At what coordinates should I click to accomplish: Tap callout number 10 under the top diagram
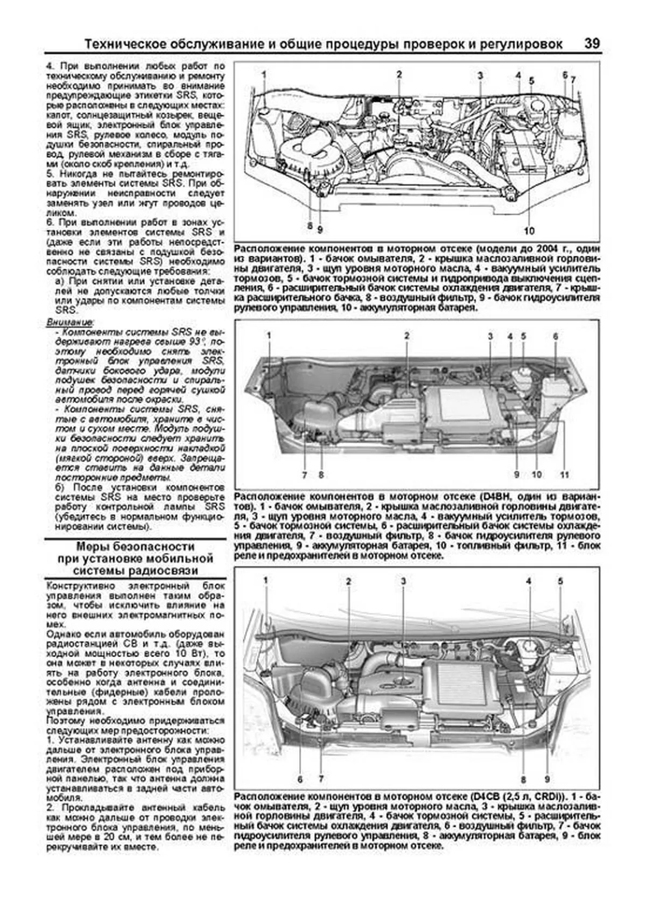coord(529,231)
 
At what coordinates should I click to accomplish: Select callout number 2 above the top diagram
coord(399,74)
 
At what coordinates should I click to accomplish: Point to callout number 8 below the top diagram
coord(310,226)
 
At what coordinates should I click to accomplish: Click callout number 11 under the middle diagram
coord(564,475)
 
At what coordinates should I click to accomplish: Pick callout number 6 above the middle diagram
coord(555,336)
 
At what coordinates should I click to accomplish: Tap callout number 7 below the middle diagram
coord(304,475)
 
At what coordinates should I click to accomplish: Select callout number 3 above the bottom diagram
coord(403,581)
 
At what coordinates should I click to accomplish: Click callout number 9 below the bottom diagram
coord(546,779)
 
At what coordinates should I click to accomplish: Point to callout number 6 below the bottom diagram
coord(300,779)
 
